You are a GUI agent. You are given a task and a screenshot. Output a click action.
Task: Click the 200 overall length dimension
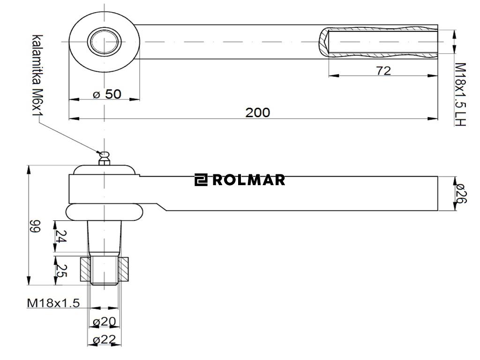click(258, 112)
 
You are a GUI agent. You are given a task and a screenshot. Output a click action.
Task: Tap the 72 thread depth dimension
click(383, 70)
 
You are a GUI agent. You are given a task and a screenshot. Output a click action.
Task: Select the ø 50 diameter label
click(107, 94)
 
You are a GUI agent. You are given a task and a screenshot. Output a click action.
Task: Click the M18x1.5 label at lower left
click(53, 303)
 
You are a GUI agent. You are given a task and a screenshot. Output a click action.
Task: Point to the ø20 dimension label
click(104, 322)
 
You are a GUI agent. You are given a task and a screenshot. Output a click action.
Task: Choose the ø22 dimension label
click(104, 340)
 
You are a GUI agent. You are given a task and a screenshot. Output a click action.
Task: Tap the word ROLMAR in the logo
click(248, 180)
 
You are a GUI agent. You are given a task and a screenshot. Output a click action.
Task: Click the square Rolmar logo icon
click(201, 180)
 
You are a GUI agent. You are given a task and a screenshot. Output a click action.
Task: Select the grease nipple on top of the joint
click(104, 157)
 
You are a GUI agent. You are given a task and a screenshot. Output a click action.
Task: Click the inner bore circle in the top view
click(104, 42)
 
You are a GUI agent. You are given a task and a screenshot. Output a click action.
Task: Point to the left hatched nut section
click(85, 269)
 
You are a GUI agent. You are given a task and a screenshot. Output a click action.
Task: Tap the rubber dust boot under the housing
click(104, 212)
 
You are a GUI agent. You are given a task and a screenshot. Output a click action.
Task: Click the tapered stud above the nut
click(104, 237)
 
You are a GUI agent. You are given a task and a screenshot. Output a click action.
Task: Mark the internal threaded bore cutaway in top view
click(382, 42)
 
